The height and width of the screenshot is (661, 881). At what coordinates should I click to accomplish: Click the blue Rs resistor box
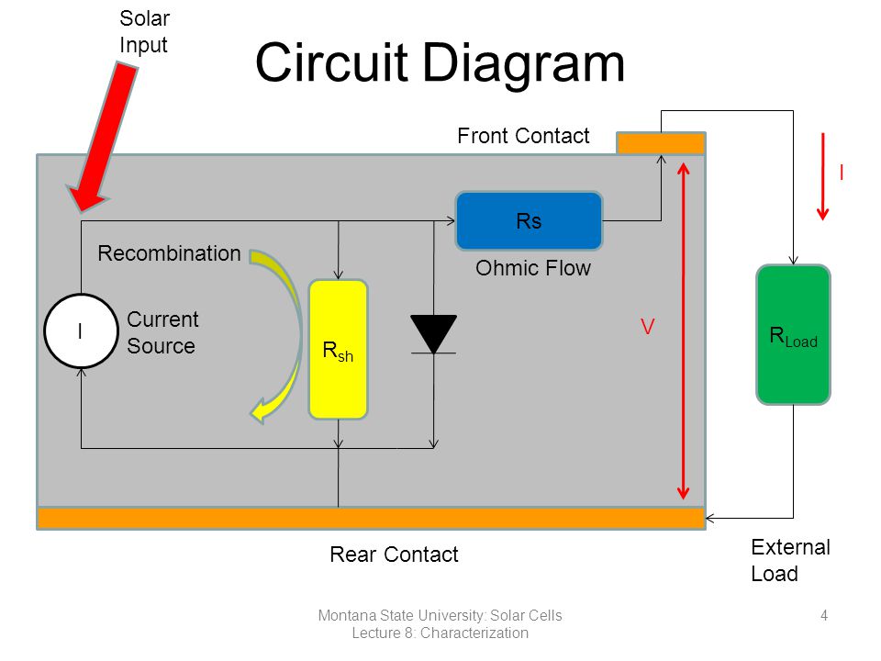tap(529, 221)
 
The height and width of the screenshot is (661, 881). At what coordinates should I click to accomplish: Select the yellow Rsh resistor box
tap(339, 349)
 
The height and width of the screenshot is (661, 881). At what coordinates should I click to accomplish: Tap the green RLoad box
tap(793, 334)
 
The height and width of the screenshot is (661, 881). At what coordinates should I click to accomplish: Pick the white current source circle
tap(82, 331)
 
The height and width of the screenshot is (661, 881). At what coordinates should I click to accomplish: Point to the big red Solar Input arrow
tap(104, 137)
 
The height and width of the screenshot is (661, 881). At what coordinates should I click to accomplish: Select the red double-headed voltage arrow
tap(683, 331)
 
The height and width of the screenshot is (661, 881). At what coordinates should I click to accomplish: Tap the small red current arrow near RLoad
tap(823, 176)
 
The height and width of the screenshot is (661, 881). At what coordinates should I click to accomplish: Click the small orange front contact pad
tap(661, 143)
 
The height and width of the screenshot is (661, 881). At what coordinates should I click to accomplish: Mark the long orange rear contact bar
tap(371, 518)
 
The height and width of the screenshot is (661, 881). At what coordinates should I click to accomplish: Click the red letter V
tap(647, 327)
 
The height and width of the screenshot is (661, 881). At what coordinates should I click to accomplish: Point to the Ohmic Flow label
tap(533, 268)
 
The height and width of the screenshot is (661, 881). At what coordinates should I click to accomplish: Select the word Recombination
tap(169, 253)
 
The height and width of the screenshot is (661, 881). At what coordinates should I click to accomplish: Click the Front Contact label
tap(523, 136)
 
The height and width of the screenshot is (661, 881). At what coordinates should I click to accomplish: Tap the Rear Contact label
tap(394, 555)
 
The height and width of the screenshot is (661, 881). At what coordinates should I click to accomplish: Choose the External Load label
tap(790, 560)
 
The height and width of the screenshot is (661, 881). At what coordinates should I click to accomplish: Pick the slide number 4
tap(824, 615)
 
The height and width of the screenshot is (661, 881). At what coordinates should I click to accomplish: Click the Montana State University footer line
tap(440, 615)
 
